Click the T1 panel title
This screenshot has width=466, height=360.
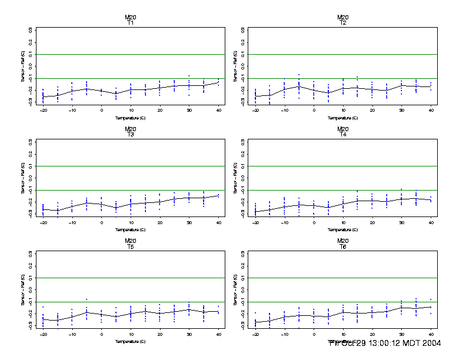(130, 23)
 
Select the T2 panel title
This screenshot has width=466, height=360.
(342, 23)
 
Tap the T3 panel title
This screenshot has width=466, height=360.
(130, 135)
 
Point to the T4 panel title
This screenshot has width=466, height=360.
(342, 135)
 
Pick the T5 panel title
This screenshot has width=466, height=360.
(130, 246)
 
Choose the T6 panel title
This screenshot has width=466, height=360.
(342, 246)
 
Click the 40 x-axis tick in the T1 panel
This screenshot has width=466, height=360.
(218, 110)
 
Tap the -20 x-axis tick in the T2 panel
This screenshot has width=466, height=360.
(255, 110)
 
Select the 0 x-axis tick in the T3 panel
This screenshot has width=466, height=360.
(101, 222)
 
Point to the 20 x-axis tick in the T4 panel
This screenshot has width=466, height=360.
(372, 222)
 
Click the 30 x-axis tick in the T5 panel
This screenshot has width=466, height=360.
(189, 334)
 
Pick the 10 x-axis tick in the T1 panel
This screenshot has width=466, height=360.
(131, 110)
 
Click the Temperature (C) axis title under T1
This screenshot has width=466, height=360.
(130, 118)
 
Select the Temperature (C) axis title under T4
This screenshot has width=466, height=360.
(342, 229)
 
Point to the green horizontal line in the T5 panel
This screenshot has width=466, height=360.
(130, 278)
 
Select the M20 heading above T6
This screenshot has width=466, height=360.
(342, 241)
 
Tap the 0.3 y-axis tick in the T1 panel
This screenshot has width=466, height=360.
(30, 29)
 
